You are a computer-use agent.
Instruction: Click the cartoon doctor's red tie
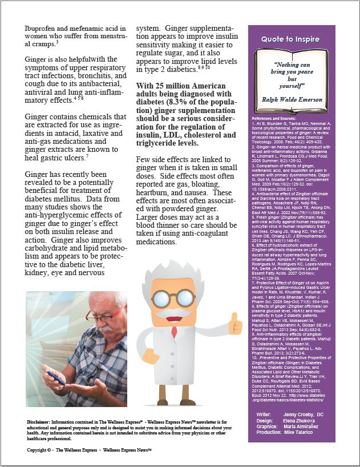174,331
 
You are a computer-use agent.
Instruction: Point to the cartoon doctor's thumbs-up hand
234,324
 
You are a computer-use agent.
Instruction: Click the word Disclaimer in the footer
41,421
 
